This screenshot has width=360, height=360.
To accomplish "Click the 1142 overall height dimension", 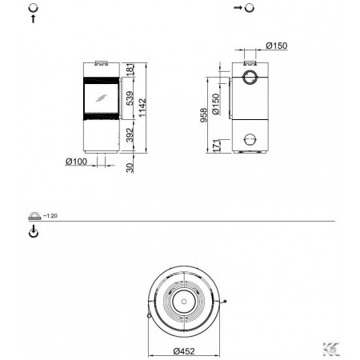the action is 142,107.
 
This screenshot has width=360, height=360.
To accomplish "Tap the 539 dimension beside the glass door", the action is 130,98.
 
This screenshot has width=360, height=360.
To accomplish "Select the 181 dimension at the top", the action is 130,70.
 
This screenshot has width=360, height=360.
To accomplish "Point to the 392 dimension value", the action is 130,135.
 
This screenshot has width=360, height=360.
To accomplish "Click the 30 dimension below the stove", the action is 130,168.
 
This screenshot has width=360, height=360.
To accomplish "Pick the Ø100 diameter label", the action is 76,162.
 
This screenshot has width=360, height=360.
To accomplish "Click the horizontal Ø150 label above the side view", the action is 277,46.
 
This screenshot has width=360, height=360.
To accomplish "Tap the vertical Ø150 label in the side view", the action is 216,104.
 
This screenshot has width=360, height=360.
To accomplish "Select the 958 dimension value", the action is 203,115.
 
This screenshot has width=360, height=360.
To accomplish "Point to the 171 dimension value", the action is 216,146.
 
